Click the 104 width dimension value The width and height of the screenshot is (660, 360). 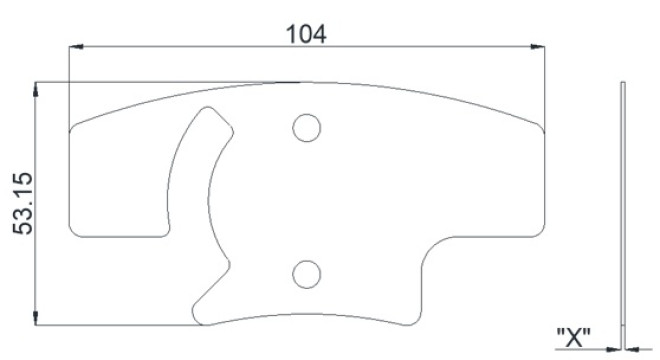[x=306, y=34]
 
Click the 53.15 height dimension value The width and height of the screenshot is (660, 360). [x=23, y=203]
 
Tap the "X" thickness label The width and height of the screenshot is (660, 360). [x=573, y=337]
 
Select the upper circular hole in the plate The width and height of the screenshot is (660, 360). [x=307, y=128]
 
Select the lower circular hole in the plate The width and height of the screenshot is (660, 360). [x=307, y=275]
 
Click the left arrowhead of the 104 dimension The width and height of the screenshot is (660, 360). [x=76, y=46]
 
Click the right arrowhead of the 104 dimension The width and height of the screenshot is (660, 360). [x=538, y=46]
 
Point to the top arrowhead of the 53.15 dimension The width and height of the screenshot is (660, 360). [x=35, y=89]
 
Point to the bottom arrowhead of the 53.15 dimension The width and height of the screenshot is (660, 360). [x=35, y=318]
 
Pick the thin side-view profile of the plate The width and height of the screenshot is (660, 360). [x=623, y=215]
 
